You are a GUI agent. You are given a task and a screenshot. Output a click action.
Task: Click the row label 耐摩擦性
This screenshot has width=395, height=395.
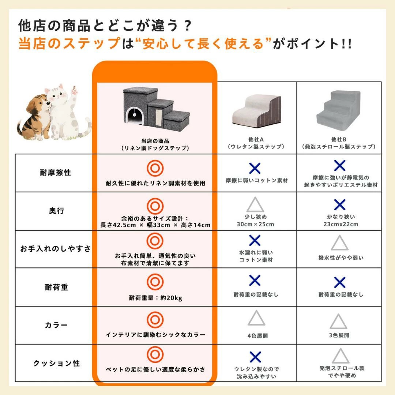56,173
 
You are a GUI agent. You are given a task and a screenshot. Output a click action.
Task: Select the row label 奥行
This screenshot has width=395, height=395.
56,211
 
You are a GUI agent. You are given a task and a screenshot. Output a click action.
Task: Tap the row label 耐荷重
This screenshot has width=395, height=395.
56,287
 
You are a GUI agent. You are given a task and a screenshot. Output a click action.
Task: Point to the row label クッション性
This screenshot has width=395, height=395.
56,363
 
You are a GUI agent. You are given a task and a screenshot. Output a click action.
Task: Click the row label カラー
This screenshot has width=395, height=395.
56,325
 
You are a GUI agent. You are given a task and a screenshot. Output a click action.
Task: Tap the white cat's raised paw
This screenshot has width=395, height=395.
75,90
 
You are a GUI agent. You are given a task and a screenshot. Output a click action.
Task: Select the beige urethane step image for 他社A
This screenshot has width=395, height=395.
257,111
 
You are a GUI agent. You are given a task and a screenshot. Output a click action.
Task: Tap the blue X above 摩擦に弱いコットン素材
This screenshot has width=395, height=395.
255,168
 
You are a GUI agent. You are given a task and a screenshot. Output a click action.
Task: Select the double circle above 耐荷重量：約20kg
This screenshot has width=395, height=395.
155,282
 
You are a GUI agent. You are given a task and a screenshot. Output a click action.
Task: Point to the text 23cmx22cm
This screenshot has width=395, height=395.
341,224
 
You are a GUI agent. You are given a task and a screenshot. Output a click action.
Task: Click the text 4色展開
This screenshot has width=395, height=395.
257,335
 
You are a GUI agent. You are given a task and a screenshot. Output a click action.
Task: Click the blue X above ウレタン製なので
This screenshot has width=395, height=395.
255,357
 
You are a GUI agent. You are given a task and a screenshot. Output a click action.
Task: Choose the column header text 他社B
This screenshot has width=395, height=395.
339,139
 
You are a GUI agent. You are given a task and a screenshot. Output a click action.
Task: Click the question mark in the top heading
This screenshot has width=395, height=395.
187,26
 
